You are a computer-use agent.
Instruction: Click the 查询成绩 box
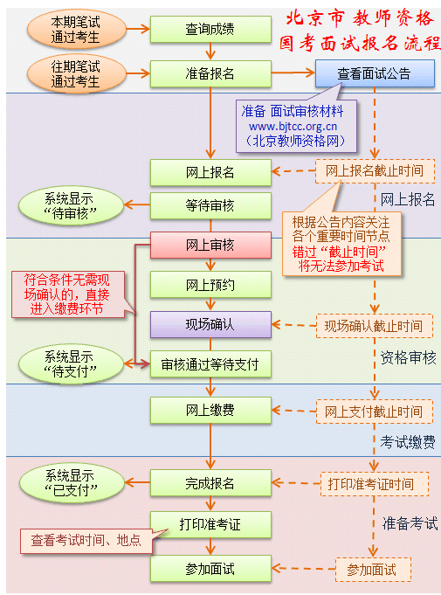(210, 29)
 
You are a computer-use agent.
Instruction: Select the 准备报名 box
(210, 73)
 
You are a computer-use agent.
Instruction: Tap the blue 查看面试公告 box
(375, 73)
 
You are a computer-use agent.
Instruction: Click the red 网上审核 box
(210, 246)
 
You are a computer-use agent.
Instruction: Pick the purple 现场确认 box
(210, 325)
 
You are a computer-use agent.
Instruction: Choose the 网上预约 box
(210, 285)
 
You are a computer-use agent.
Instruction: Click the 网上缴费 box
(210, 410)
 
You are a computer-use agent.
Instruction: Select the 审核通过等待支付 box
(210, 364)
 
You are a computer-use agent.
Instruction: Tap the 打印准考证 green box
(210, 525)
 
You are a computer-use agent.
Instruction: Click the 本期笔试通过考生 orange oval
(76, 29)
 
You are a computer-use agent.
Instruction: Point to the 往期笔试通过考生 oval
(76, 73)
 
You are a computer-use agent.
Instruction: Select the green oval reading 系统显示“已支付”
(72, 483)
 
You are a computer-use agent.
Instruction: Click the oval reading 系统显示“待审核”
(72, 206)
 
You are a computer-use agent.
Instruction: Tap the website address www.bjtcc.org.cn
(293, 127)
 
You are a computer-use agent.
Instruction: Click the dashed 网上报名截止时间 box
(375, 171)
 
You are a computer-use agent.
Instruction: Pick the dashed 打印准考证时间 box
(375, 484)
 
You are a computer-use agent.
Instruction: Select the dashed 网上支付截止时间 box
(375, 412)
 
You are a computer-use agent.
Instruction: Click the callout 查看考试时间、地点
(86, 540)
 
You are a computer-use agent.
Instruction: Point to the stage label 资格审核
(409, 358)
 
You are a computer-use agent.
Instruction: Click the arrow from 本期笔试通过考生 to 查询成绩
(138, 29)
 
